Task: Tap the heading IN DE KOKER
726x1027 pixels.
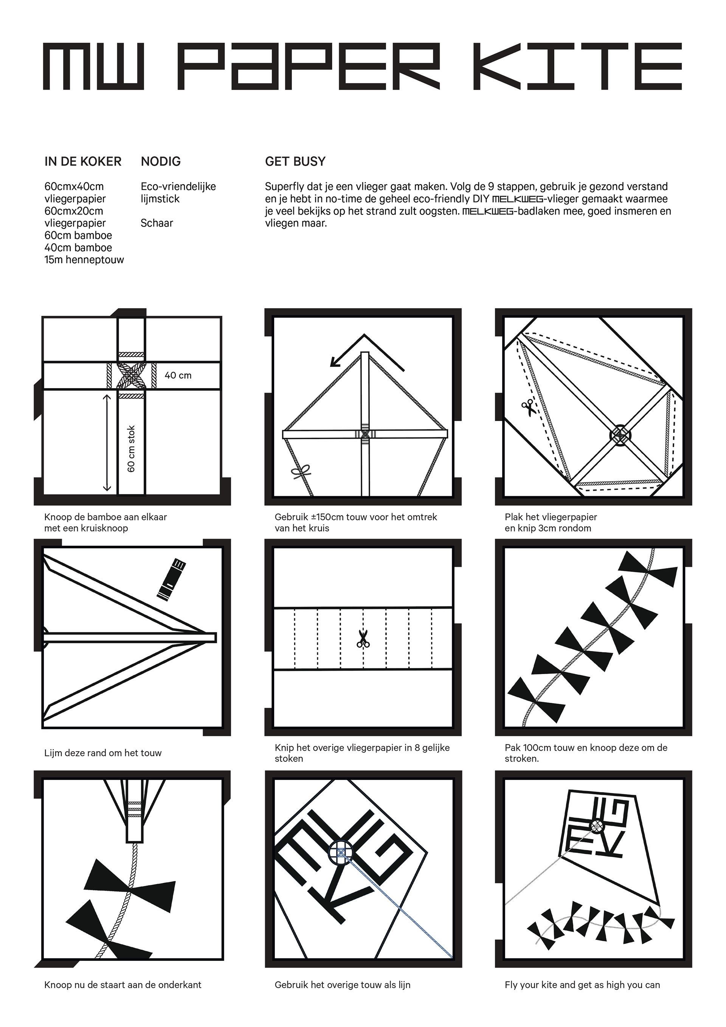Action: [x=83, y=162]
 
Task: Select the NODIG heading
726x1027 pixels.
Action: [x=160, y=162]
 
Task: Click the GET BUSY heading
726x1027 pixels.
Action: [x=295, y=162]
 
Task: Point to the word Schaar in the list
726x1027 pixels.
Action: [x=157, y=223]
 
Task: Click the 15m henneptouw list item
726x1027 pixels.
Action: [x=84, y=260]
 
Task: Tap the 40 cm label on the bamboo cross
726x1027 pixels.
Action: [x=178, y=375]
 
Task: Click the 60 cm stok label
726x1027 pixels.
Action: [x=131, y=448]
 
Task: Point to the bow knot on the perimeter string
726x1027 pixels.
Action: [x=301, y=471]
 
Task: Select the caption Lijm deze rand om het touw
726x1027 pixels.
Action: [x=103, y=753]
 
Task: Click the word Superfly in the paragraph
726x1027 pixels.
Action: [x=284, y=186]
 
